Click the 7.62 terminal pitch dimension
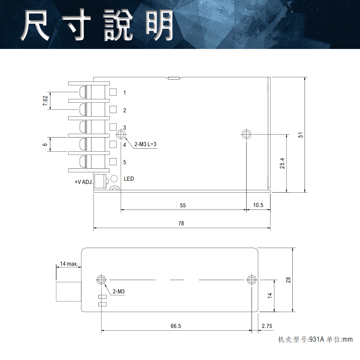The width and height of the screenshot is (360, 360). pyautogui.click(x=45, y=101)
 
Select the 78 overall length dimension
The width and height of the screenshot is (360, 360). pyautogui.click(x=181, y=224)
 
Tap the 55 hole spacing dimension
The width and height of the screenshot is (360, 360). pyautogui.click(x=183, y=206)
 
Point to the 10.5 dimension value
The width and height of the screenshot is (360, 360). pyautogui.click(x=258, y=205)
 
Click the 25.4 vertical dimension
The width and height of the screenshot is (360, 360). pyautogui.click(x=282, y=163)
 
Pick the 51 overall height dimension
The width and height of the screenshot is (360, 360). pyautogui.click(x=301, y=135)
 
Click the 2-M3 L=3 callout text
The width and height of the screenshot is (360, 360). pyautogui.click(x=146, y=145)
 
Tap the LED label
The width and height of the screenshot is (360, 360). pyautogui.click(x=129, y=179)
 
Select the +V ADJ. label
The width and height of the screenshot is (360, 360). pyautogui.click(x=84, y=182)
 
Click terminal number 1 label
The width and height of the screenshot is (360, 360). pyautogui.click(x=125, y=93)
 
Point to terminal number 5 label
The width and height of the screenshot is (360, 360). pyautogui.click(x=125, y=162)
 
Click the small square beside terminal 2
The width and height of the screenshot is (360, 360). pyautogui.click(x=113, y=109)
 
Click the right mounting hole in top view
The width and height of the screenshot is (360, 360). pyautogui.click(x=246, y=134)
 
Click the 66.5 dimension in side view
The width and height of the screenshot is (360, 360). pyautogui.click(x=176, y=326)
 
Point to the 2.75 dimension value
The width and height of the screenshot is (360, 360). pyautogui.click(x=267, y=326)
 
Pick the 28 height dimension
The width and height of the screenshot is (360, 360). pyautogui.click(x=288, y=280)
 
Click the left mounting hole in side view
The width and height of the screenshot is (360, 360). pyautogui.click(x=101, y=279)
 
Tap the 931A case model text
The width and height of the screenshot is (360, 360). pyautogui.click(x=317, y=339)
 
